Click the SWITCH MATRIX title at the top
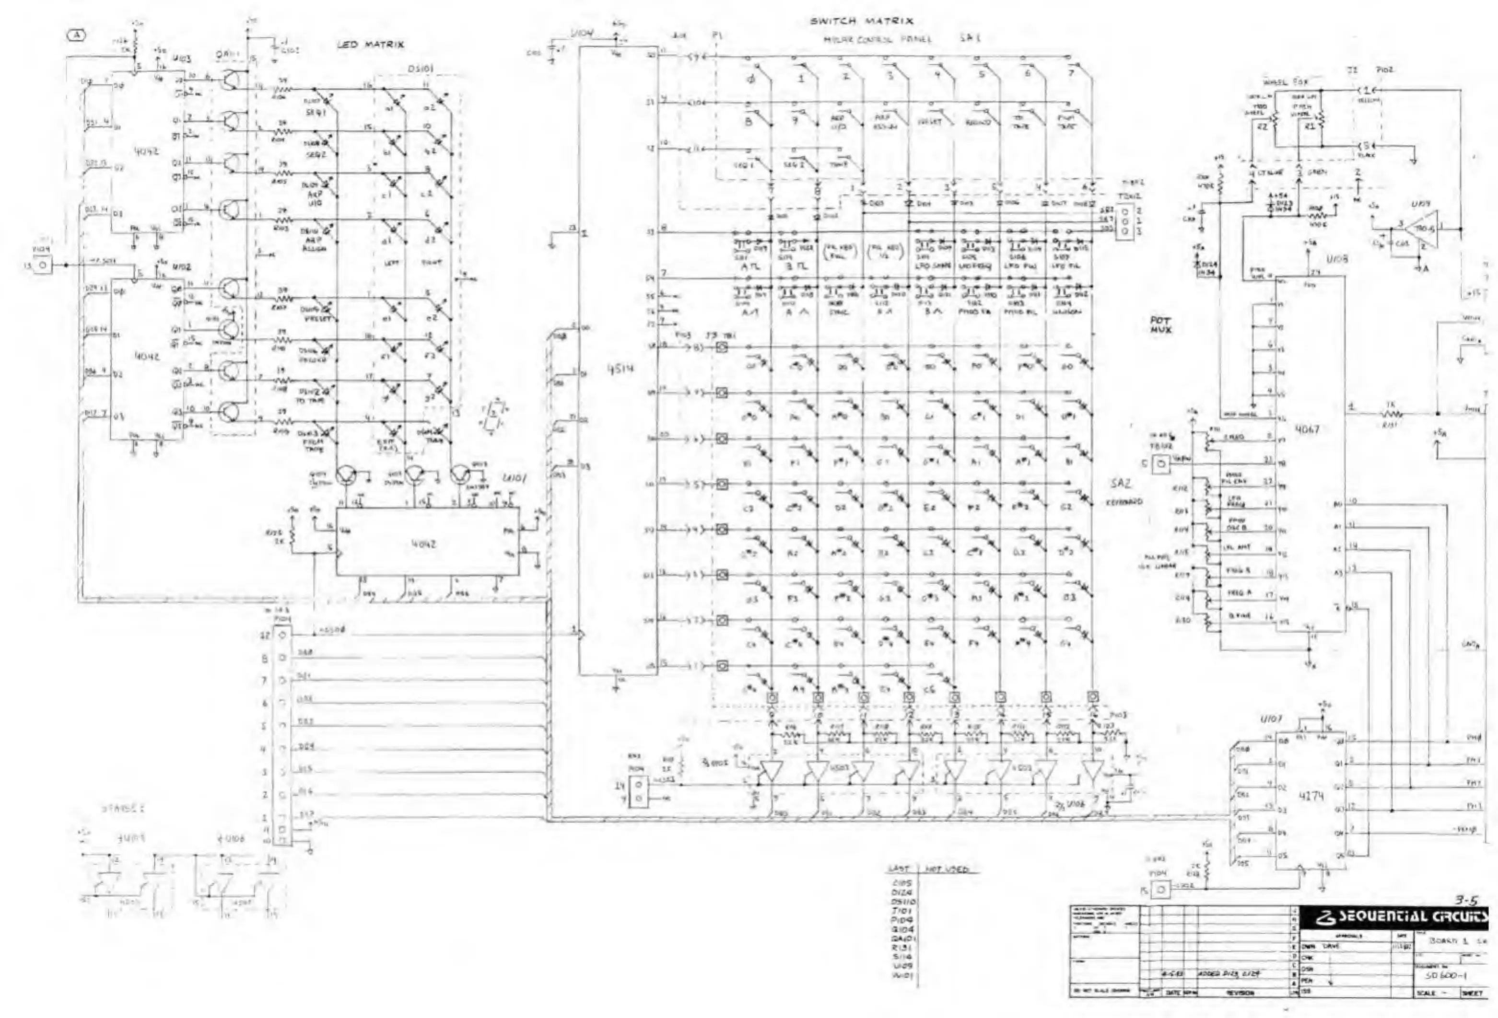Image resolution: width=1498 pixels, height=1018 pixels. point(861,21)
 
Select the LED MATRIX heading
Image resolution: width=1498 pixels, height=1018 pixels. point(370,45)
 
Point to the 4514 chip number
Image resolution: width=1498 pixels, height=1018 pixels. point(619,369)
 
